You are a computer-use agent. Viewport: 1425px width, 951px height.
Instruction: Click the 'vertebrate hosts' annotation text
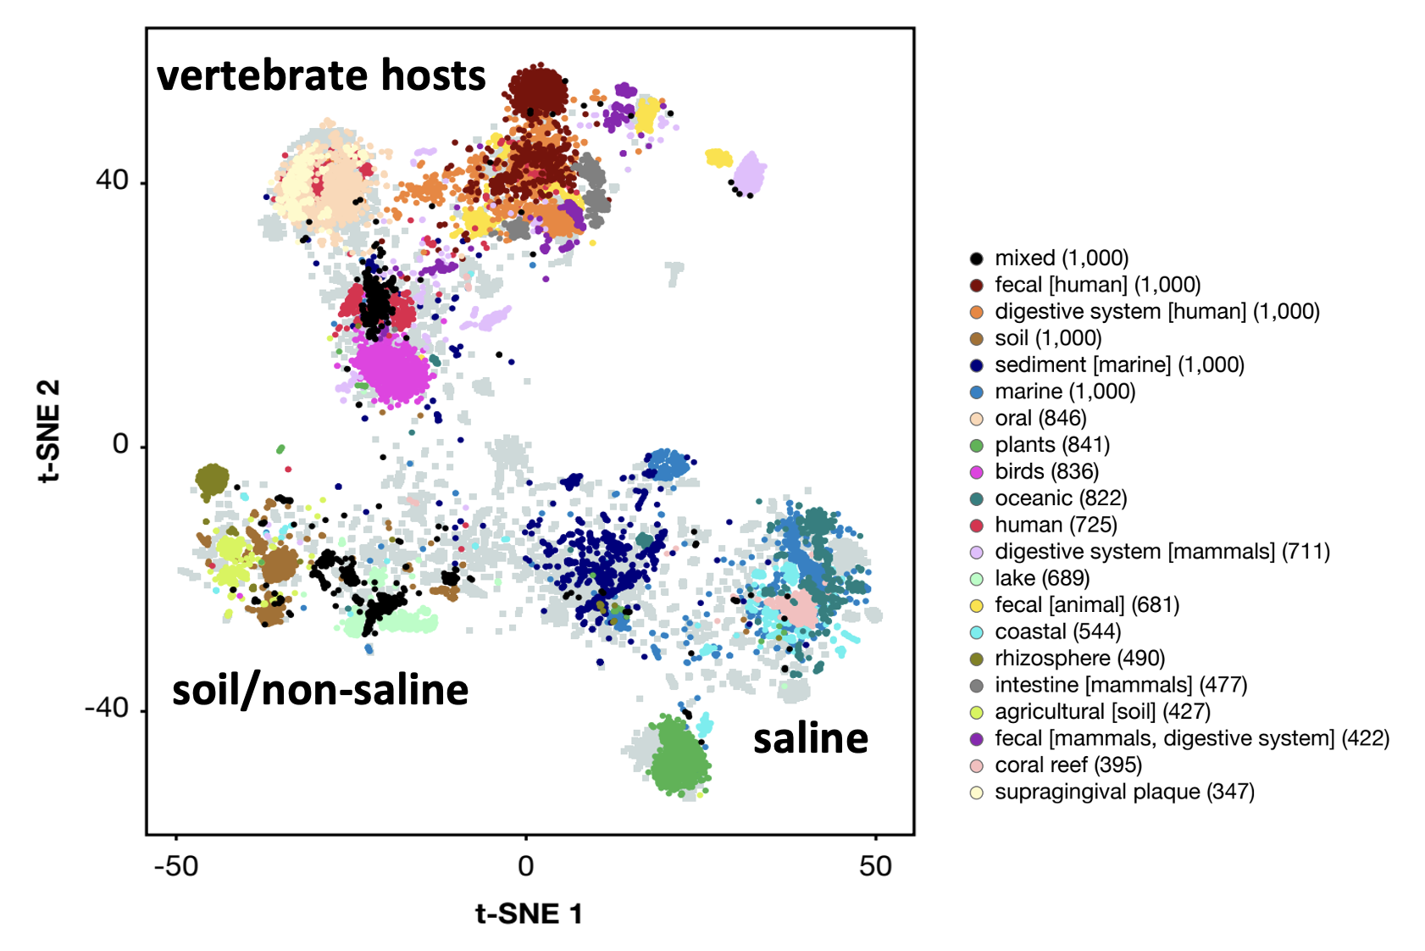click(x=321, y=75)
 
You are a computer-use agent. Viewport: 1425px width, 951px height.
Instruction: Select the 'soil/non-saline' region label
click(x=320, y=690)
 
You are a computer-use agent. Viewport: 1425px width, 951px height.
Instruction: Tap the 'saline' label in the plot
click(x=811, y=738)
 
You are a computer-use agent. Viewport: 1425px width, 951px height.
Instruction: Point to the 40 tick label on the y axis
click(x=112, y=181)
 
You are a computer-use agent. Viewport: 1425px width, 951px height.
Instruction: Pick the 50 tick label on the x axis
click(x=875, y=865)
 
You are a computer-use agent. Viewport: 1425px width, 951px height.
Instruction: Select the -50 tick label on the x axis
click(x=175, y=865)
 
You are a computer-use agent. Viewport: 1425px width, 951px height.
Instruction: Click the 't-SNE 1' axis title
click(x=529, y=914)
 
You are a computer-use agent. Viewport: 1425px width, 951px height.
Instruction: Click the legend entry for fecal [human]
click(x=1097, y=285)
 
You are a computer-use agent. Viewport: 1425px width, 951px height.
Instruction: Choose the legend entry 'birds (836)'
click(x=1046, y=471)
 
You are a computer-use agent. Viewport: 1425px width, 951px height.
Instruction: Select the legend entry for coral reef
click(x=1067, y=765)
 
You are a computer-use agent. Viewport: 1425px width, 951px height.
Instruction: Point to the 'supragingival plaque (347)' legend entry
click(x=1123, y=792)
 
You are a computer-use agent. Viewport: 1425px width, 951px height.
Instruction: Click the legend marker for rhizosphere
click(x=977, y=659)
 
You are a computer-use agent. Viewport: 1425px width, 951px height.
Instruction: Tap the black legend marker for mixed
click(x=977, y=259)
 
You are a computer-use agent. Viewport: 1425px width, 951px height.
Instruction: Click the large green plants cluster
click(x=679, y=757)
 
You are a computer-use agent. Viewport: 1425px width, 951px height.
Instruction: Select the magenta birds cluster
click(x=391, y=370)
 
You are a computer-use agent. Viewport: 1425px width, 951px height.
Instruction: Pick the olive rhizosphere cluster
click(x=212, y=480)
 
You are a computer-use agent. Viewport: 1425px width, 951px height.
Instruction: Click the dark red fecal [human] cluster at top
click(x=537, y=90)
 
